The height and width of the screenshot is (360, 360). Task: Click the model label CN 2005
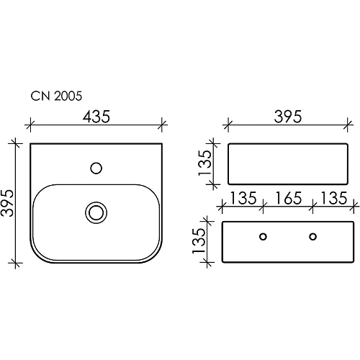(x=56, y=96)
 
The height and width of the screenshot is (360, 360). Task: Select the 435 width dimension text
(x=96, y=117)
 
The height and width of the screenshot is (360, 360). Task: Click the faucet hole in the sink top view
(x=96, y=168)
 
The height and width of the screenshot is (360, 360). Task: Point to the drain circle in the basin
(x=96, y=212)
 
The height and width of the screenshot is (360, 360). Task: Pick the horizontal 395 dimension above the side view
(x=288, y=117)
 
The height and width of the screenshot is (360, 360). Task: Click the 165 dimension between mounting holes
(x=288, y=198)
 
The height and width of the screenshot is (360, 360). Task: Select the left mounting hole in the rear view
(x=264, y=237)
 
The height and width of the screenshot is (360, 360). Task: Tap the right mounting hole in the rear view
(x=312, y=237)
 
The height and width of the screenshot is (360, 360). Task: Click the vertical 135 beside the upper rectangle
(x=204, y=163)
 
